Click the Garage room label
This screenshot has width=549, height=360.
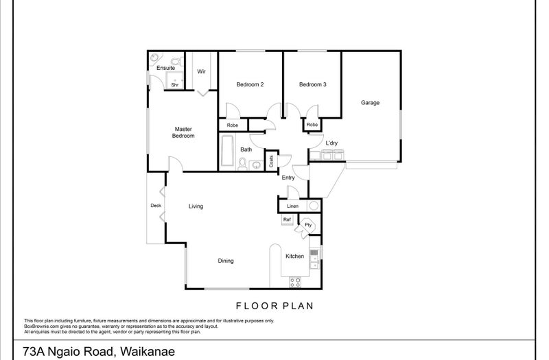click(x=370, y=102)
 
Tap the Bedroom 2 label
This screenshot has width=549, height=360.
click(x=250, y=84)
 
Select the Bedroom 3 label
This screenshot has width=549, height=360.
click(x=313, y=84)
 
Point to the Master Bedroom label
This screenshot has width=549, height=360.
click(x=183, y=132)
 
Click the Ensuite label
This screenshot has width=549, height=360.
click(x=165, y=68)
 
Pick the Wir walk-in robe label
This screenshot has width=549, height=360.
click(x=201, y=71)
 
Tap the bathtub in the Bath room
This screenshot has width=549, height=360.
click(x=227, y=150)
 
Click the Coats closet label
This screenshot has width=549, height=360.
click(x=271, y=161)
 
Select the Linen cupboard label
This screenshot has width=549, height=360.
click(x=293, y=206)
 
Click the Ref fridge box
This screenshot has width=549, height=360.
click(x=287, y=220)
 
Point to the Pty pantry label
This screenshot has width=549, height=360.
click(x=308, y=225)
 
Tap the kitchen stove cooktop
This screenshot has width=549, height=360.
click(x=295, y=282)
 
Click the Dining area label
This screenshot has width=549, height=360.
click(x=226, y=261)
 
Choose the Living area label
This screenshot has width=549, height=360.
click(x=196, y=206)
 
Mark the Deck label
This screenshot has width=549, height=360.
click(x=156, y=205)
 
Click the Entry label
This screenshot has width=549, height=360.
click(x=288, y=178)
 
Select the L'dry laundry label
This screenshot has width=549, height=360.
click(x=331, y=143)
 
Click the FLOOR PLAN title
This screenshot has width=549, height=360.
click(x=274, y=306)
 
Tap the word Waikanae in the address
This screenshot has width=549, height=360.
click(x=147, y=351)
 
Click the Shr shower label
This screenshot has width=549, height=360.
click(x=175, y=84)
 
